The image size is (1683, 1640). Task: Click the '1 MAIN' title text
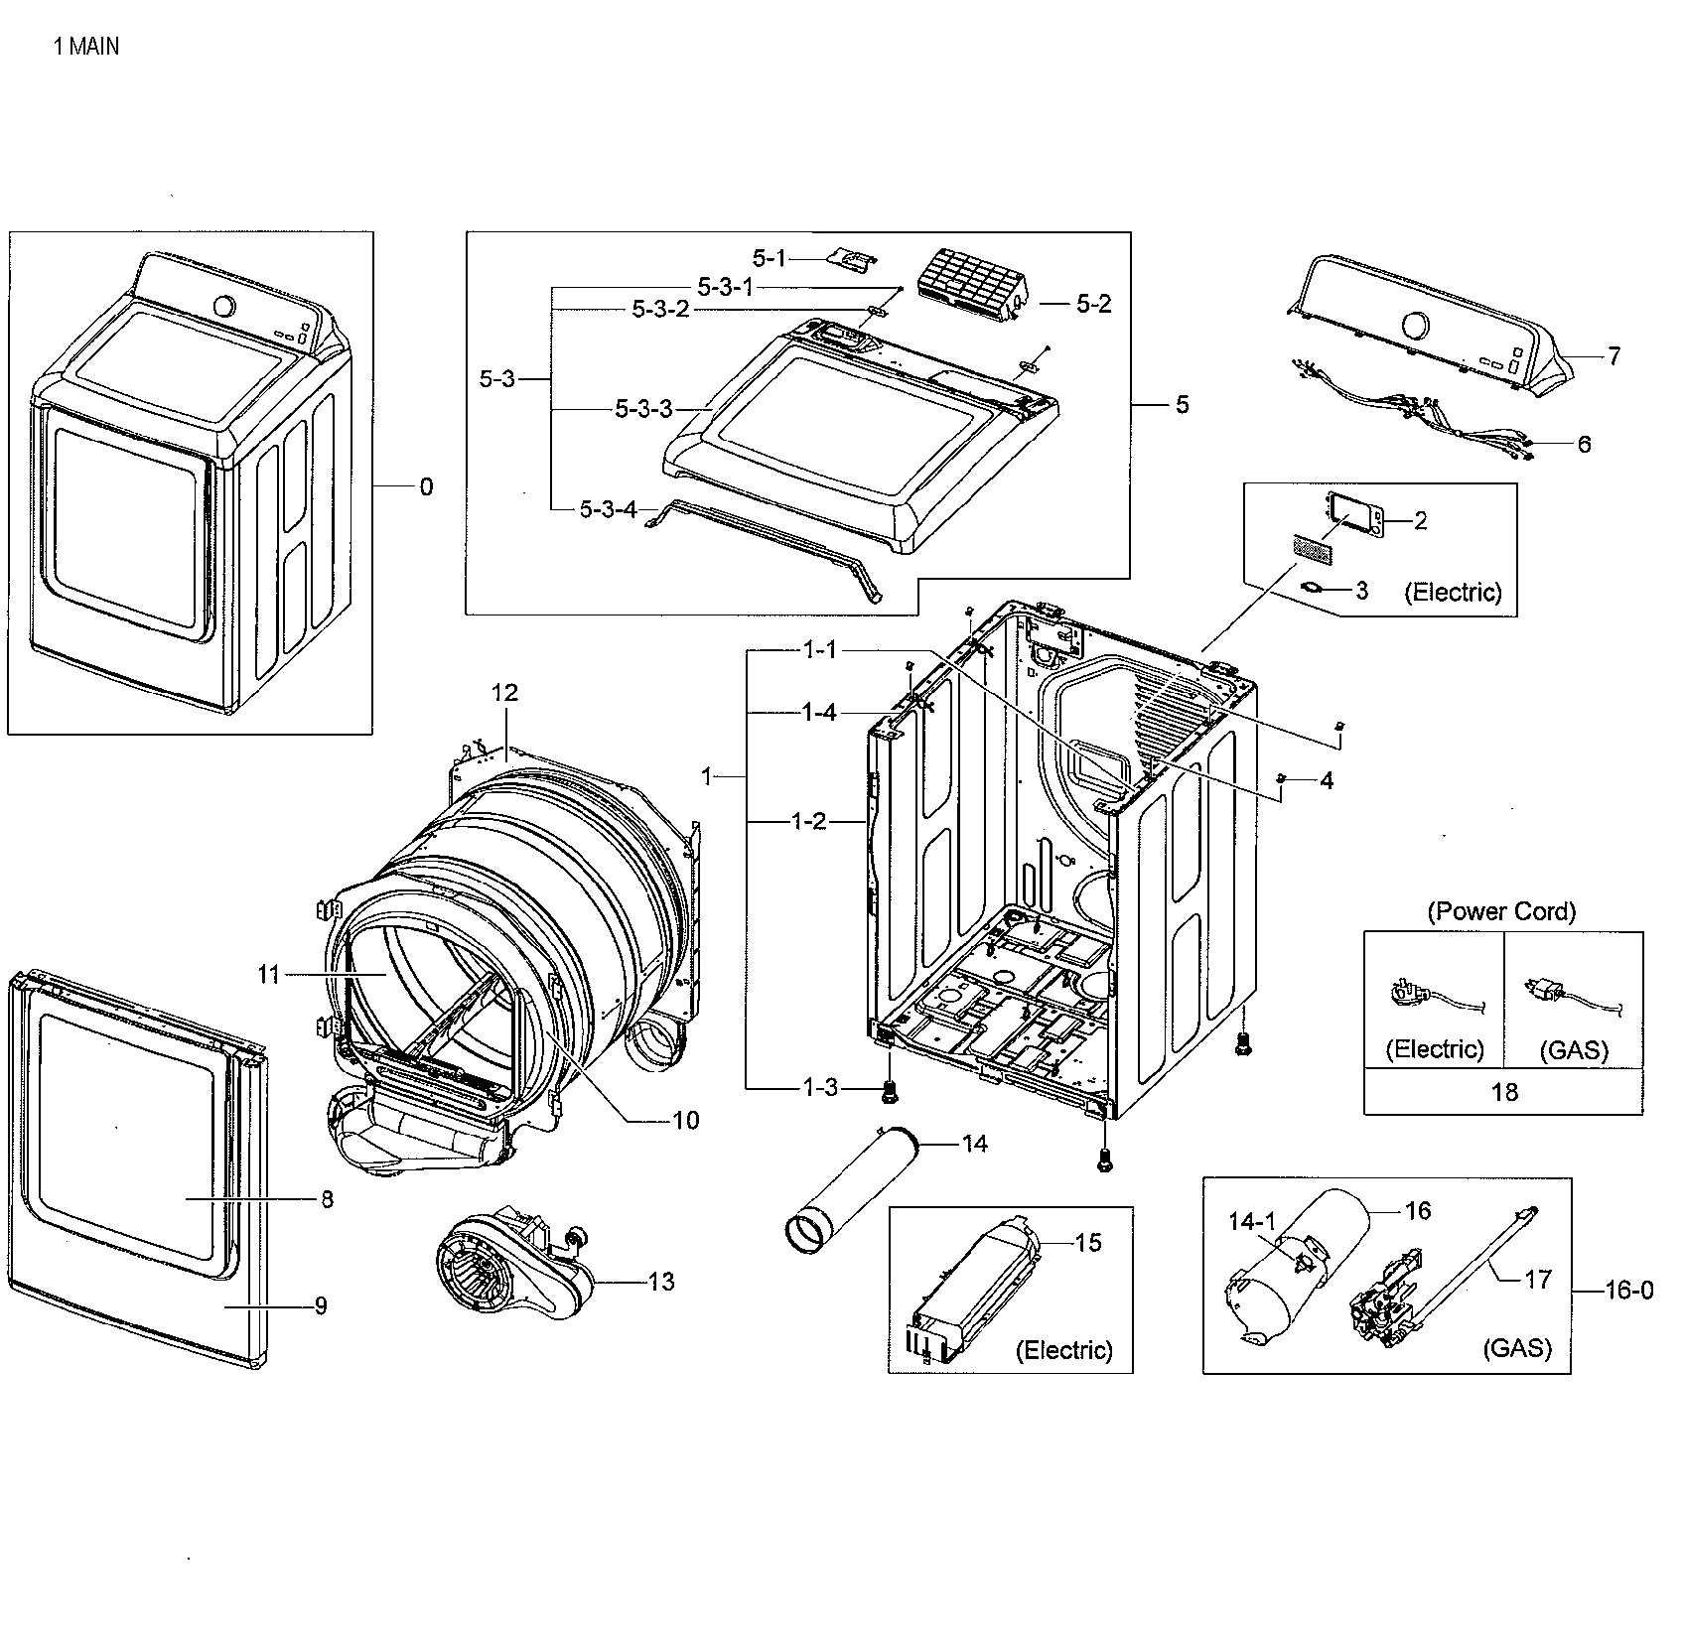[86, 46]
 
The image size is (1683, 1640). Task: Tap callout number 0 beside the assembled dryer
[426, 486]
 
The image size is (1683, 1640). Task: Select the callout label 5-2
[1093, 304]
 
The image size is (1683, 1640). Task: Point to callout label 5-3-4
[608, 509]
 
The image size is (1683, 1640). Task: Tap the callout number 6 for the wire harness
[1584, 444]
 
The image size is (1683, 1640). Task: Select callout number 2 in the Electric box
[1420, 520]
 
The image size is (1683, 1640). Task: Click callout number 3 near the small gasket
[1361, 591]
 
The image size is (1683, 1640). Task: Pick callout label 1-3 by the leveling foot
[820, 1087]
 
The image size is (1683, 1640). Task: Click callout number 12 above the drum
[505, 692]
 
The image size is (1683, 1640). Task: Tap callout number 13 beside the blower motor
[660, 1282]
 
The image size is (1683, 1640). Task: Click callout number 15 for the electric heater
[1088, 1242]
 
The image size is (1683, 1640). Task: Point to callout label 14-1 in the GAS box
[1250, 1222]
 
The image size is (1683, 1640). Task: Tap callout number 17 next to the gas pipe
[1537, 1280]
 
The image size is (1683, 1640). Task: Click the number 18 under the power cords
[1504, 1092]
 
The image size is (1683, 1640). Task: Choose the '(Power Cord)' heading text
[1500, 910]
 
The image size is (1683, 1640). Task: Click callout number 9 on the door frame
[320, 1305]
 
